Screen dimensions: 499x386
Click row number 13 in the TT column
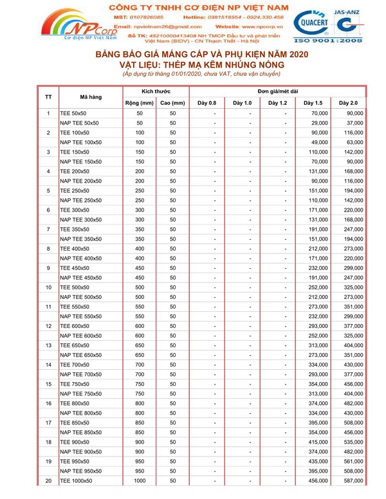click(x=49, y=345)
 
